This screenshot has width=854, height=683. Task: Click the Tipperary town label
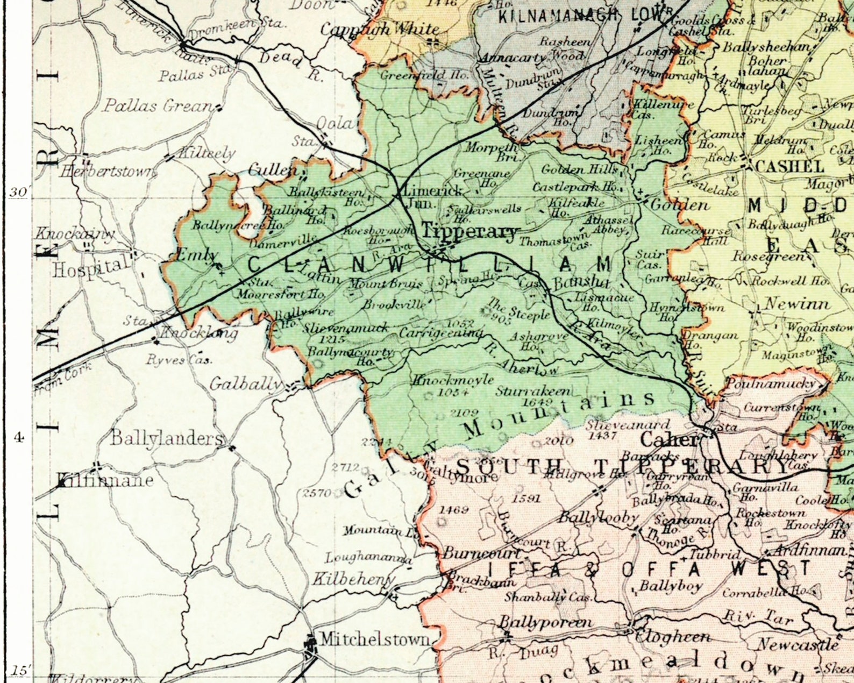(x=469, y=232)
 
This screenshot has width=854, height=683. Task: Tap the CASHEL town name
(x=789, y=166)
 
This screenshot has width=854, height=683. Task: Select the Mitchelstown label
(x=375, y=639)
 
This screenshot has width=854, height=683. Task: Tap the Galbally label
(x=246, y=384)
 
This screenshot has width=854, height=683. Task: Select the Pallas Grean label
(x=158, y=105)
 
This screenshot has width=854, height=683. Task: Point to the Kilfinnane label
(x=105, y=480)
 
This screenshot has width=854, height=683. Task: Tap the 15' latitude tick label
(x=20, y=671)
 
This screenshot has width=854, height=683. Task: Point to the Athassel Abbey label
(x=606, y=225)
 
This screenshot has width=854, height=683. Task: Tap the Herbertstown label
(x=108, y=172)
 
